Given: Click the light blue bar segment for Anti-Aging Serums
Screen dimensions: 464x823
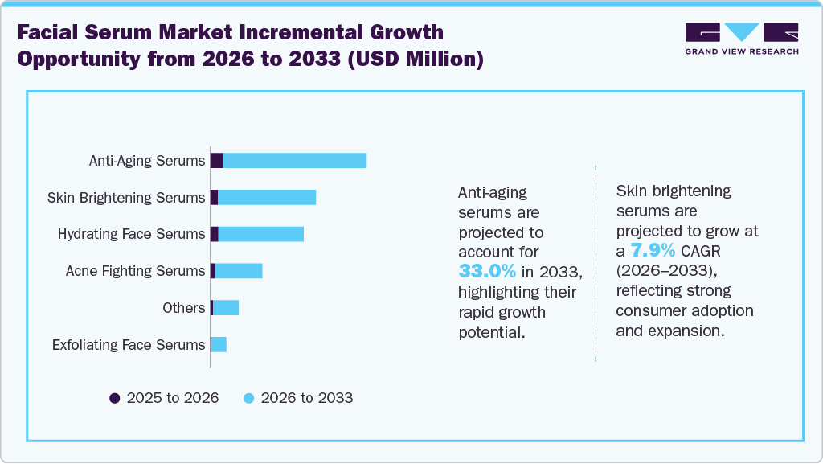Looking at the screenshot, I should [x=294, y=160].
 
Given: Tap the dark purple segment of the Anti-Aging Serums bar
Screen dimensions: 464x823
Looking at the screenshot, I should [x=217, y=160].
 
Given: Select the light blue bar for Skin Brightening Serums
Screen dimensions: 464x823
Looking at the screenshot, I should [x=267, y=197].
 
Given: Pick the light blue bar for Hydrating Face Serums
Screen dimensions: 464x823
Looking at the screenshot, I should [x=261, y=234].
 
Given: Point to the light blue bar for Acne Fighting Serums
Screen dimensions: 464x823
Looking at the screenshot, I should [x=239, y=271].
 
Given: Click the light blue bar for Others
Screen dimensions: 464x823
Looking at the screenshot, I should [x=226, y=308].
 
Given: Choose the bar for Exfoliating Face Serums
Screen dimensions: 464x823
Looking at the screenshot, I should [x=219, y=345].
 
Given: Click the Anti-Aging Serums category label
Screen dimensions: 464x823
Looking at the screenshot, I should [x=147, y=161].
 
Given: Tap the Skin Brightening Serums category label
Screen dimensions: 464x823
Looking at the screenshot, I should [x=126, y=198].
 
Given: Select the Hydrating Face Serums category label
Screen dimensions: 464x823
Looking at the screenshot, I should [x=131, y=234].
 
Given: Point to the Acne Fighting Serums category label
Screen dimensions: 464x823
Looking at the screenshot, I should [x=135, y=271].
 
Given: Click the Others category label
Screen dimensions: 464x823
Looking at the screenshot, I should [x=183, y=308].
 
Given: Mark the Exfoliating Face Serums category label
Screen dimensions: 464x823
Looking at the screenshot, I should [x=129, y=345].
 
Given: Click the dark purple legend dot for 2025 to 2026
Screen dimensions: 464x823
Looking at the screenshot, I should [x=114, y=398].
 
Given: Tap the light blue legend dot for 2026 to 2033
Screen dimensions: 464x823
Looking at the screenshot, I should [x=248, y=398].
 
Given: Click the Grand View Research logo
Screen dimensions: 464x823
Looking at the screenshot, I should [x=741, y=39].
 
